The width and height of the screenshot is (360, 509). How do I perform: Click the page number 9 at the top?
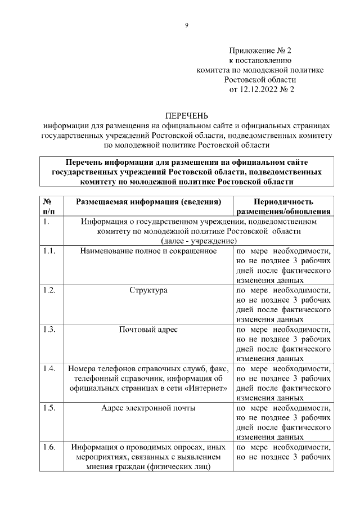(187, 26)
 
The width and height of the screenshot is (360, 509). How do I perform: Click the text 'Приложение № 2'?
(260, 51)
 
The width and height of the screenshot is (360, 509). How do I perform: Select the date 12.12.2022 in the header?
(260, 89)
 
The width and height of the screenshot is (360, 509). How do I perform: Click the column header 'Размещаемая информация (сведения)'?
(148, 201)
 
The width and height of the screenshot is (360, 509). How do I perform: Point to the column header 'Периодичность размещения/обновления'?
(283, 206)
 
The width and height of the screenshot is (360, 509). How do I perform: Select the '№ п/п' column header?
(49, 206)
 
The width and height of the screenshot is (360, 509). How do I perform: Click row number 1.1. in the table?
(49, 251)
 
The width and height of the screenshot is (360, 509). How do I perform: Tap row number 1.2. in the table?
(49, 290)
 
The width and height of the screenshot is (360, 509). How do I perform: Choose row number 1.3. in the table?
(49, 329)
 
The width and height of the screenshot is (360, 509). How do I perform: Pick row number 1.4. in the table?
(49, 368)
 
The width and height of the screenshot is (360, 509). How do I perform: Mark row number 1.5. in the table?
(49, 408)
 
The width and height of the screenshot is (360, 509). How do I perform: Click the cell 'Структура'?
(148, 290)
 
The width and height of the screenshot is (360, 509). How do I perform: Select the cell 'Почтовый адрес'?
(148, 329)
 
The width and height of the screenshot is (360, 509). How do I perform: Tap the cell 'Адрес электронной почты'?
(148, 408)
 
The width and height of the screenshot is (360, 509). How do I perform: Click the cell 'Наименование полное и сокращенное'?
(148, 251)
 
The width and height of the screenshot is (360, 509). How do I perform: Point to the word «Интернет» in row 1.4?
(209, 388)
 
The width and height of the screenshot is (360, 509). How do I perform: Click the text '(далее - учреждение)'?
(198, 241)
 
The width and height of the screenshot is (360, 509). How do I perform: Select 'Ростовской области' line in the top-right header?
(260, 79)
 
